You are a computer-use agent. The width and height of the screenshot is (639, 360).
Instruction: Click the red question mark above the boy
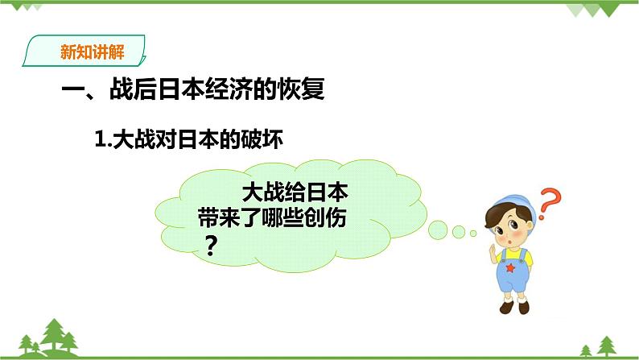click(x=549, y=202)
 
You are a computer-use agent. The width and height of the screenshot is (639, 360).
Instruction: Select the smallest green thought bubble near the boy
click(x=472, y=232)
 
